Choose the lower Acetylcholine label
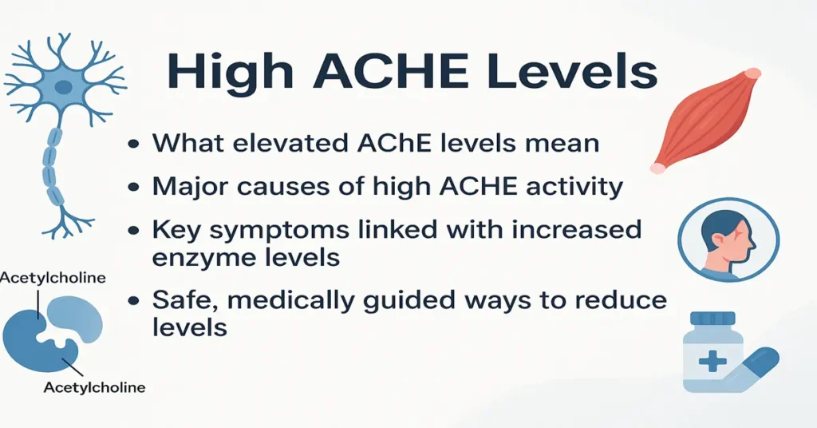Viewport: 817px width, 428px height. [x=94, y=388]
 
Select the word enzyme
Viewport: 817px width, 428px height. [x=205, y=258]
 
